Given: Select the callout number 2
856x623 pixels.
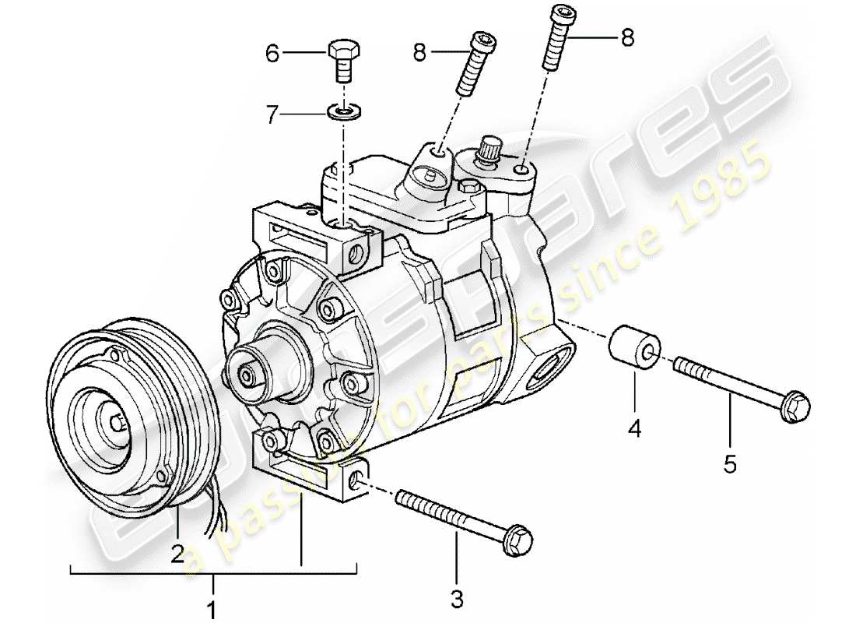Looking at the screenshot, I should coord(178,554).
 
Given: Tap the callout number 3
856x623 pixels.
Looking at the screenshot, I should coord(457,599).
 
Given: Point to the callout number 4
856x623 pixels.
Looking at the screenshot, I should coord(635,428).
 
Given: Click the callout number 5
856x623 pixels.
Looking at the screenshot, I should coord(729,464).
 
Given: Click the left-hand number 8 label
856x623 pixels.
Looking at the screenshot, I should coord(419,53).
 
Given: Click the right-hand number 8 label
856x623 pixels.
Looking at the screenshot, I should coord(627,37).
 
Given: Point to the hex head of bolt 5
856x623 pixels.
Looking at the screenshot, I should coord(797,404).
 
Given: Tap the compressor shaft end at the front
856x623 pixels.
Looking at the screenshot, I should coord(247,375).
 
